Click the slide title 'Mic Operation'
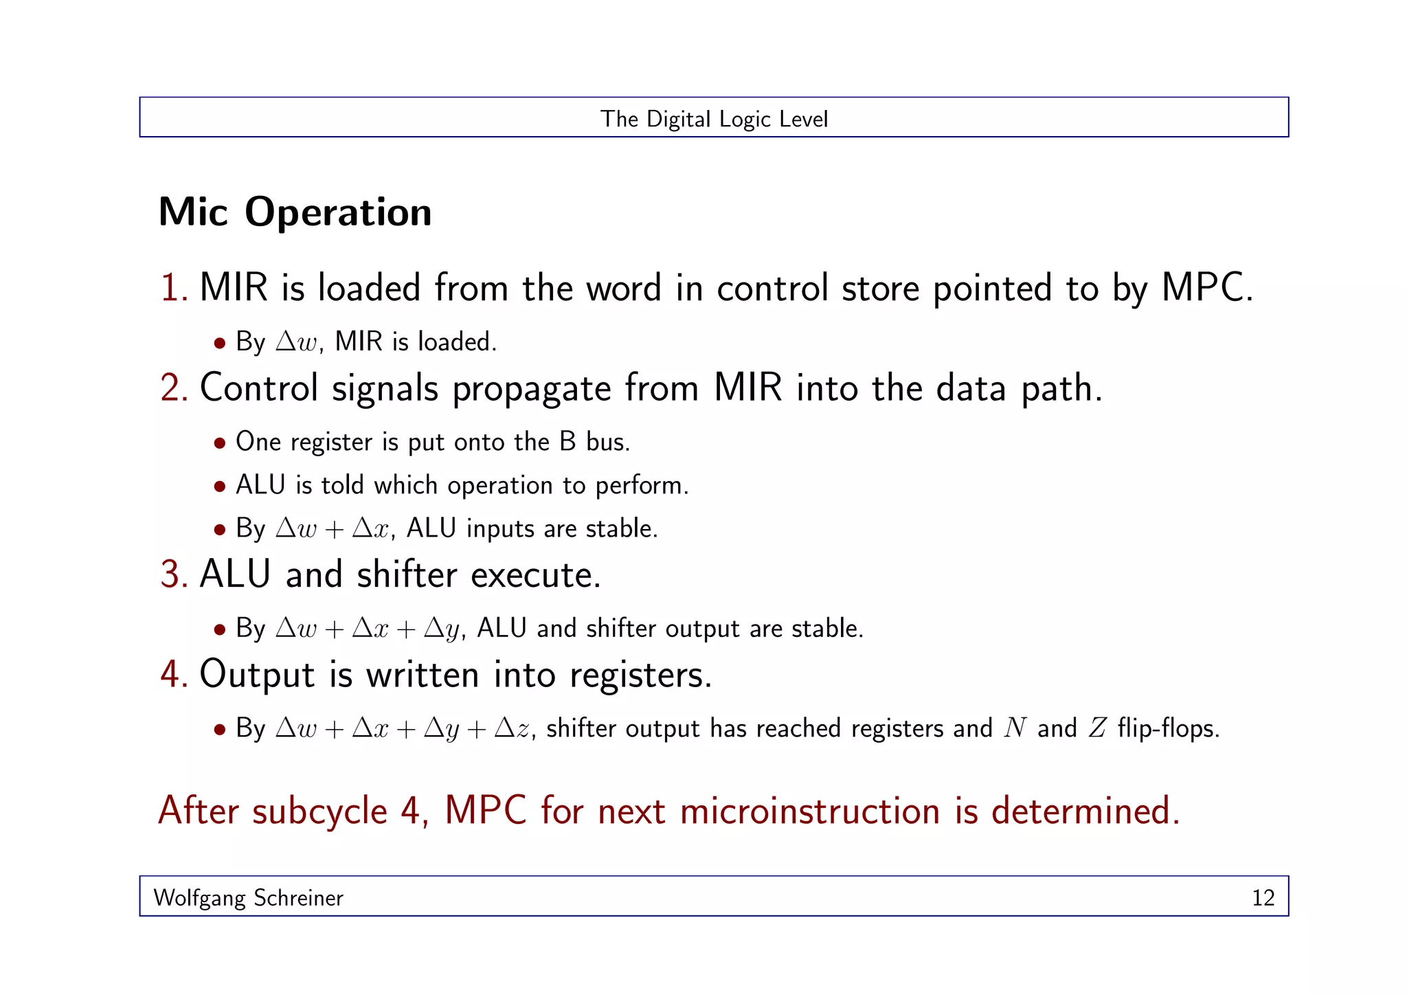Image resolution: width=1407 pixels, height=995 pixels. click(295, 212)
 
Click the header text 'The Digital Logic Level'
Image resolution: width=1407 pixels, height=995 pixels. click(714, 119)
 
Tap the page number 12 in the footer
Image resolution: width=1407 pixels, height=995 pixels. click(1263, 897)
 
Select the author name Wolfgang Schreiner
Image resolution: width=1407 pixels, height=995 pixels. click(248, 897)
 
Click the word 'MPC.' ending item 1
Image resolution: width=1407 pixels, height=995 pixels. click(1207, 288)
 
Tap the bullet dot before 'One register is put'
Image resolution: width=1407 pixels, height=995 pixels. click(220, 443)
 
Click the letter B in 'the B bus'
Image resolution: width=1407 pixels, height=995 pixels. click(567, 442)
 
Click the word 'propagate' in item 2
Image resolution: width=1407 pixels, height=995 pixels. click(531, 390)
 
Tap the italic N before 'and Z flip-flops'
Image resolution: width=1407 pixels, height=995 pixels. click(1014, 728)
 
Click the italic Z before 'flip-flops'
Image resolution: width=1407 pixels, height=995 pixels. click(1097, 728)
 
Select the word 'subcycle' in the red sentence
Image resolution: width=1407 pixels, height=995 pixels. click(319, 812)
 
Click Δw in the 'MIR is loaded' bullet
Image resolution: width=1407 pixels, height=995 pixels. click(297, 342)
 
